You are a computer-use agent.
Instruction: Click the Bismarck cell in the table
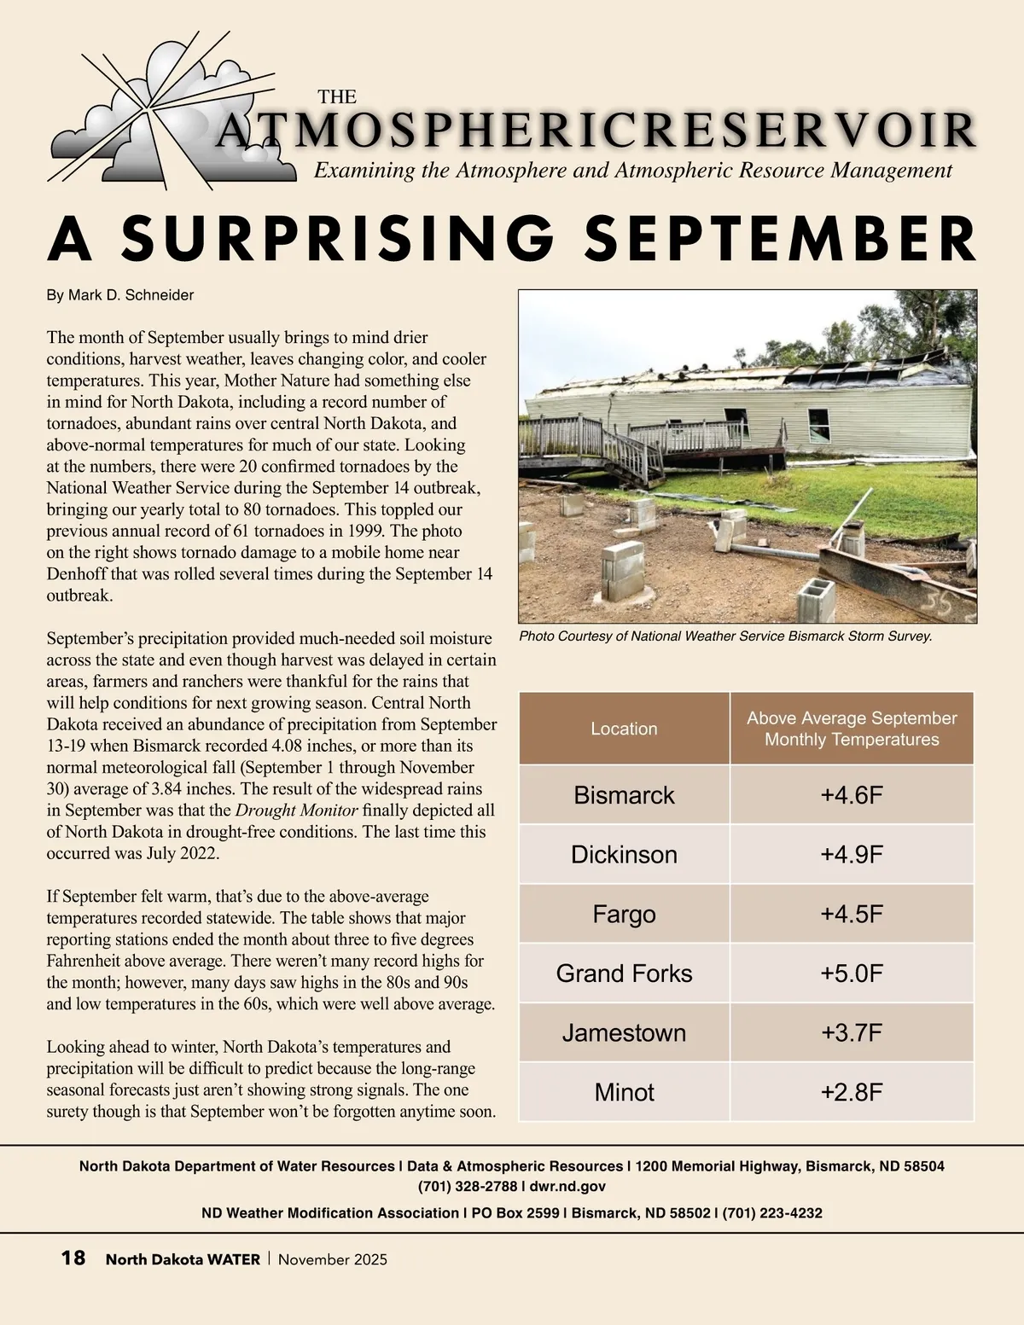coord(624,795)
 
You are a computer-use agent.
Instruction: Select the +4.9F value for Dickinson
coord(851,855)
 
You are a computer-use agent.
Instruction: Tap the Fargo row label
coord(624,915)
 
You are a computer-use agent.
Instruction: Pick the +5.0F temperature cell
coord(851,973)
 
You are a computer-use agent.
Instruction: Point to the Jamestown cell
coord(624,1033)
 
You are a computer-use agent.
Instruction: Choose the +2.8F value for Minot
coord(851,1093)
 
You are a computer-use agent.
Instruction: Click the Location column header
coord(624,729)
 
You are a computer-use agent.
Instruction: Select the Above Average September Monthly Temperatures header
coord(851,729)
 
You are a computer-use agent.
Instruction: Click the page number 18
coord(73,1258)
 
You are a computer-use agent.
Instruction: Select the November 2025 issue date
coord(333,1259)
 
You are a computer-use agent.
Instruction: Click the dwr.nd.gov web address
coord(567,1186)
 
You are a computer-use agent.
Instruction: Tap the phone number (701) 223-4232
coord(772,1212)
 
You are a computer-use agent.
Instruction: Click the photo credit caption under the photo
coord(725,636)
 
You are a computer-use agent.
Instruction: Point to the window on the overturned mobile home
coord(818,424)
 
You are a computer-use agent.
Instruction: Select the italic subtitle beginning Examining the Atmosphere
coord(632,171)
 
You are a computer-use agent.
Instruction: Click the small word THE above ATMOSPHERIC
coord(337,97)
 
